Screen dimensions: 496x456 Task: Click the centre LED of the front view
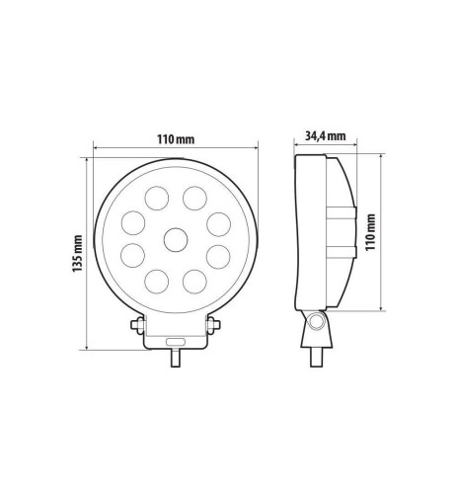pyautogui.click(x=176, y=238)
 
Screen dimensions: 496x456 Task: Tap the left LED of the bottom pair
pyautogui.click(x=155, y=283)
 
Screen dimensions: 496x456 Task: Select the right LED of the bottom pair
pyautogui.click(x=196, y=283)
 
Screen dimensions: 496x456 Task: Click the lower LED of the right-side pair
pyautogui.click(x=219, y=259)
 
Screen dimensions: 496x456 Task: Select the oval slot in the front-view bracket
pyautogui.click(x=176, y=340)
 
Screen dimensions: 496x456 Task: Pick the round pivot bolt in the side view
pyautogui.click(x=317, y=322)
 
